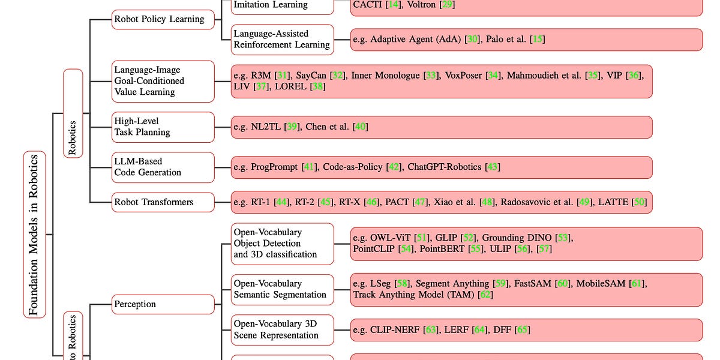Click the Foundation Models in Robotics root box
coord(34,234)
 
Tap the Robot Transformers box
coord(163,202)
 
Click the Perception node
coord(163,304)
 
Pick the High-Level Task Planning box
coord(163,127)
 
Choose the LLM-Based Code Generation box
coord(163,167)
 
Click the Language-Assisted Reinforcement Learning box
coord(281,39)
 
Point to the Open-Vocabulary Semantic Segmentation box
coord(281,289)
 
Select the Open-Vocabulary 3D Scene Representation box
coord(281,329)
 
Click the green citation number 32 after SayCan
coord(338,76)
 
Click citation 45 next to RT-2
coord(326,202)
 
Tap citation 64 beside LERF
coord(480,329)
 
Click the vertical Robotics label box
coord(73,113)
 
